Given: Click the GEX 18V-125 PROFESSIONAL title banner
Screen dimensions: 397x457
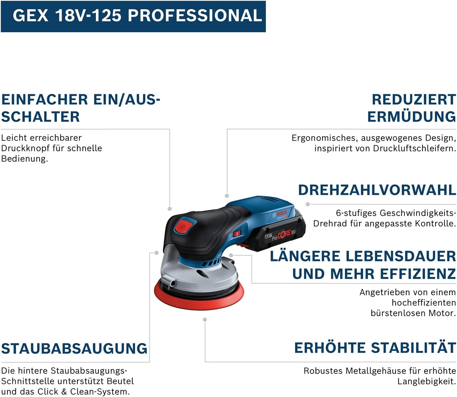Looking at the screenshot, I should [133, 16].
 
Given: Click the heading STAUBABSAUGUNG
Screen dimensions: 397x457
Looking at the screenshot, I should [74, 348].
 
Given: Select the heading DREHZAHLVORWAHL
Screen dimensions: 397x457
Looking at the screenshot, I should [377, 190].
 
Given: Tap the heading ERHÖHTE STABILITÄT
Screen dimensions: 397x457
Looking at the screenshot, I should [375, 348].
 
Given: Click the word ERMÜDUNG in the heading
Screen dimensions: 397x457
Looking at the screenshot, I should [411, 117].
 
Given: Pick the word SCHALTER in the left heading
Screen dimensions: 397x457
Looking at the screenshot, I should [41, 117].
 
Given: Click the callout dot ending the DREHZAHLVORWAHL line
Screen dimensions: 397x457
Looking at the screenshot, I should [307, 204].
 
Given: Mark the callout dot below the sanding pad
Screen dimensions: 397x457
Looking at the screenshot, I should [205, 320].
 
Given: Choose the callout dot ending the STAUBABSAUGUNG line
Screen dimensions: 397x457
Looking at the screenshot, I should [156, 253].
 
